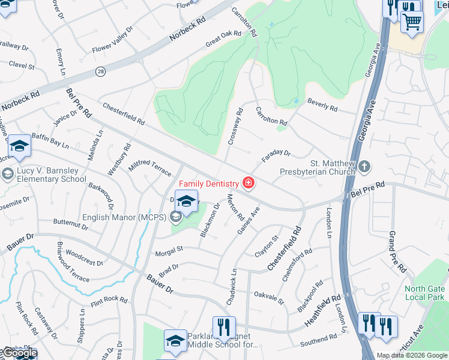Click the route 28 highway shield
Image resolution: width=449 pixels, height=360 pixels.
point(100,71)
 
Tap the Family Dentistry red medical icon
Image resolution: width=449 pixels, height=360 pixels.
point(248,182)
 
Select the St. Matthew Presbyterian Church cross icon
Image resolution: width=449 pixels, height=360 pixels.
point(364,166)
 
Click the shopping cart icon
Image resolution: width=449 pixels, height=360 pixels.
point(412,22)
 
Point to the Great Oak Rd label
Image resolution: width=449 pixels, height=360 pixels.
point(223,38)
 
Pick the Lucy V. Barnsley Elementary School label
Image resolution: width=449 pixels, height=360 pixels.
point(52,174)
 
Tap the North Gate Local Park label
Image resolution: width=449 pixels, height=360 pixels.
point(425,292)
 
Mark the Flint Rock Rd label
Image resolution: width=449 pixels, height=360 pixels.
point(109,299)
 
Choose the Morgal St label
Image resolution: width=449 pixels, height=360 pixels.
point(168,250)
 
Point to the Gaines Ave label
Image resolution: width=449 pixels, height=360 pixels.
point(248,221)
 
